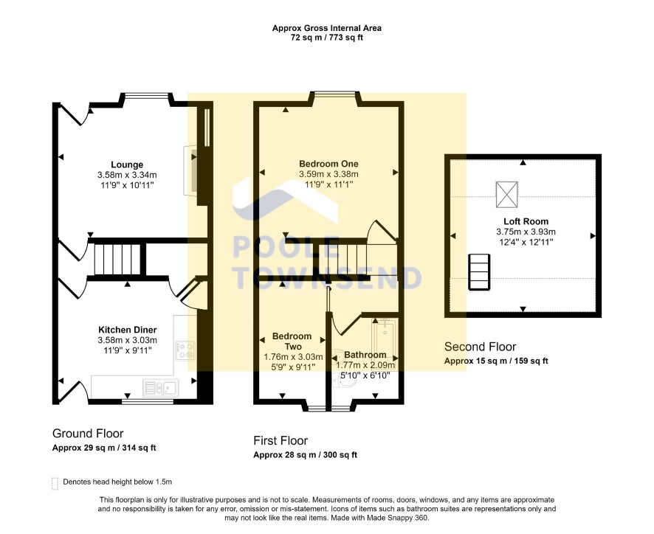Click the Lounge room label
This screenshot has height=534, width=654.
coord(127,164)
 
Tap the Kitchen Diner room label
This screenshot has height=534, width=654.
coord(127,330)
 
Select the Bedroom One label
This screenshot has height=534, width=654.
coord(328,164)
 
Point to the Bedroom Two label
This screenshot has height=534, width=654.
coord(292,341)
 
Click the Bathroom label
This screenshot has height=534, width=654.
coord(365,355)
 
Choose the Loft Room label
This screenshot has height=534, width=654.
coord(526,221)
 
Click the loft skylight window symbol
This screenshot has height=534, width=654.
coord(507,194)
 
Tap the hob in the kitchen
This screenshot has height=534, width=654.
coord(185,350)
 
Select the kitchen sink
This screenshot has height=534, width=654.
coord(161,388)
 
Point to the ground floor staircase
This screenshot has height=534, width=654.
coord(117,260)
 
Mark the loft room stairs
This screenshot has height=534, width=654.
coord(480,271)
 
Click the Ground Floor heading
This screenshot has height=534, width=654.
coord(88,434)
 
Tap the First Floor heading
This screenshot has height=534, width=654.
coord(280,440)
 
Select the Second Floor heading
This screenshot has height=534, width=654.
coord(480,347)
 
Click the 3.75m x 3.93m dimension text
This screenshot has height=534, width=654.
coord(526,232)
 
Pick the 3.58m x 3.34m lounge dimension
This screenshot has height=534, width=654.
coord(127,175)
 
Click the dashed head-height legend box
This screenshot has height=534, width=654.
coord(55,484)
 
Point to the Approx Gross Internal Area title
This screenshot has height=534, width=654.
coord(326,28)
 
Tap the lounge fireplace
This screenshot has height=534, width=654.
coord(192,169)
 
